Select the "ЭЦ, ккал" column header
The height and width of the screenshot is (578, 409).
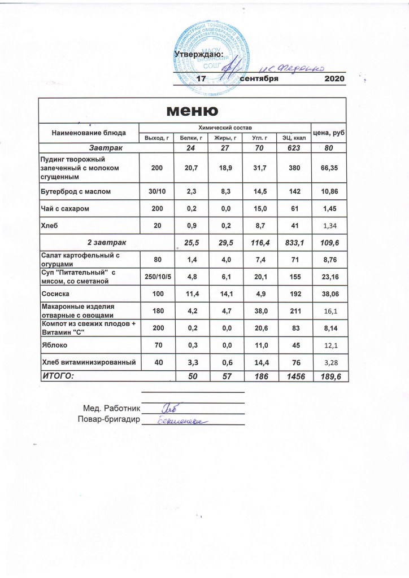294,137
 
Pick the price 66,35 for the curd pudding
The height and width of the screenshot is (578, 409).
329,169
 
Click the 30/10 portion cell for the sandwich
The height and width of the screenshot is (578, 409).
156,192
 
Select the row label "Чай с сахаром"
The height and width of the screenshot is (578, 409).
64,209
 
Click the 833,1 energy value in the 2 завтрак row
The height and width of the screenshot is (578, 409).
294,242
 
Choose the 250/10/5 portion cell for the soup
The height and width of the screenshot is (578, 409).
156,276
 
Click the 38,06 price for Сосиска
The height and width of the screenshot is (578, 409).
329,294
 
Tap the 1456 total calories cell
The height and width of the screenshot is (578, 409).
294,374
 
